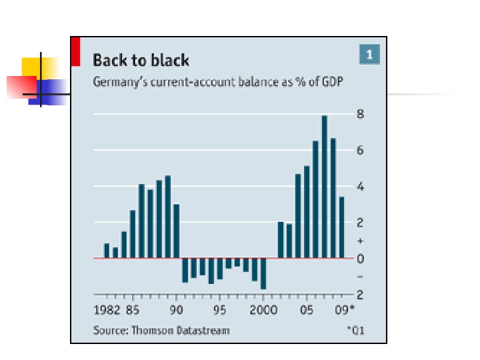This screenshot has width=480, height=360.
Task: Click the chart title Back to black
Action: (141, 61)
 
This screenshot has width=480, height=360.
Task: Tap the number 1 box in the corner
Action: (369, 54)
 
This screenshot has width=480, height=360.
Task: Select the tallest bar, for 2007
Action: (325, 187)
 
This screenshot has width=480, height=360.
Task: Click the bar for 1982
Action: (107, 251)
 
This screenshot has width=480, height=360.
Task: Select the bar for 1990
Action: (177, 231)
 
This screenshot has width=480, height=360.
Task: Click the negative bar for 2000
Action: (263, 273)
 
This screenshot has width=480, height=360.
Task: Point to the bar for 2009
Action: (342, 227)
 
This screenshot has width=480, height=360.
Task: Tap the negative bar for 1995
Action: (220, 269)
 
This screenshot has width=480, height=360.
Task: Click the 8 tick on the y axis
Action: (361, 114)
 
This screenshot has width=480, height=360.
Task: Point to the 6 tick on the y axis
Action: (361, 151)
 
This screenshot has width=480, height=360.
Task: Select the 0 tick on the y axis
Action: (361, 259)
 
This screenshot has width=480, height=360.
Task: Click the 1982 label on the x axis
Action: (107, 310)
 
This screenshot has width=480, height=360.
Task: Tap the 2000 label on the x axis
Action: (263, 310)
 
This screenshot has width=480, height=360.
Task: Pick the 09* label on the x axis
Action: (344, 310)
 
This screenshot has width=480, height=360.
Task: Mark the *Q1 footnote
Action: (355, 330)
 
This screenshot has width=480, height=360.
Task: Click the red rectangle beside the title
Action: (75, 51)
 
